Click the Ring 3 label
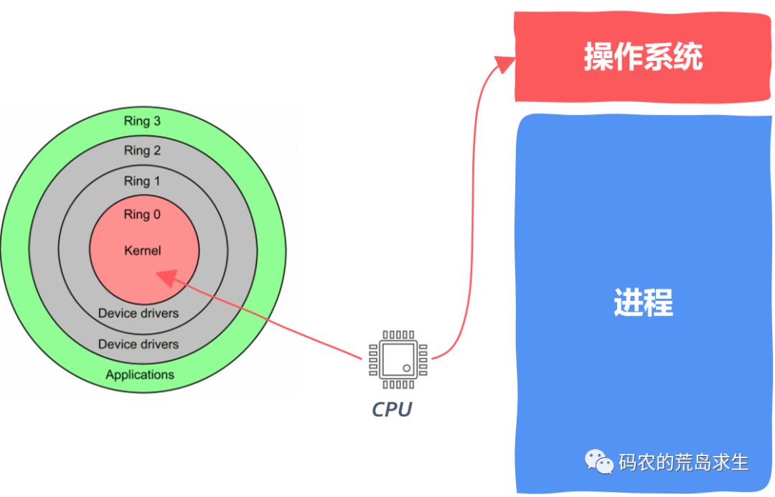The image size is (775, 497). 142,121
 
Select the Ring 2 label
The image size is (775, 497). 142,150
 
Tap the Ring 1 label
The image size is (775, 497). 142,181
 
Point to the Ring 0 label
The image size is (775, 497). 142,214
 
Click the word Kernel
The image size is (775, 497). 143,250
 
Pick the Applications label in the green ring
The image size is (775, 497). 140,375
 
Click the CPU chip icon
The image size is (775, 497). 398,360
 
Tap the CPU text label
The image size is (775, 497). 392,409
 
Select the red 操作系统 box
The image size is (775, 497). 642,56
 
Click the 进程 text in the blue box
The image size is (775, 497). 643,302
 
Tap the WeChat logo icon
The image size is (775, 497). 599,461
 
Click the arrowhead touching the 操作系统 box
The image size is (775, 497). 504,63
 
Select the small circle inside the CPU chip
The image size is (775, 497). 407,368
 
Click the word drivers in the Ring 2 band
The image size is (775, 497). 156,344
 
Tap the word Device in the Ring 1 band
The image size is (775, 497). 115,313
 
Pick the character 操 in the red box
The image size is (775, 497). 598,56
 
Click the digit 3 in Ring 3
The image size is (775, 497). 156,121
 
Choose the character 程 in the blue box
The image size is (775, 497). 658,302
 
